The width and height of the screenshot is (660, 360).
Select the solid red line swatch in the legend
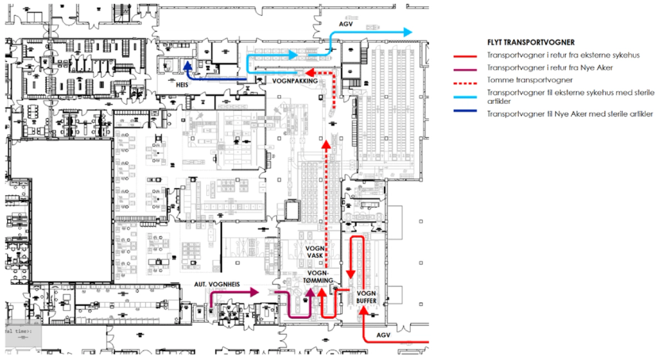click(x=463, y=57)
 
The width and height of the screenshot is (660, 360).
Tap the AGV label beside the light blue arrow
click(x=346, y=24)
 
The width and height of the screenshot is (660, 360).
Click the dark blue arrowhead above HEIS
click(x=186, y=66)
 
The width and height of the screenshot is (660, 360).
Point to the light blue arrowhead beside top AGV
click(x=407, y=33)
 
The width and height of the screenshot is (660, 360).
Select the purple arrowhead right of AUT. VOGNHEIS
click(x=255, y=293)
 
